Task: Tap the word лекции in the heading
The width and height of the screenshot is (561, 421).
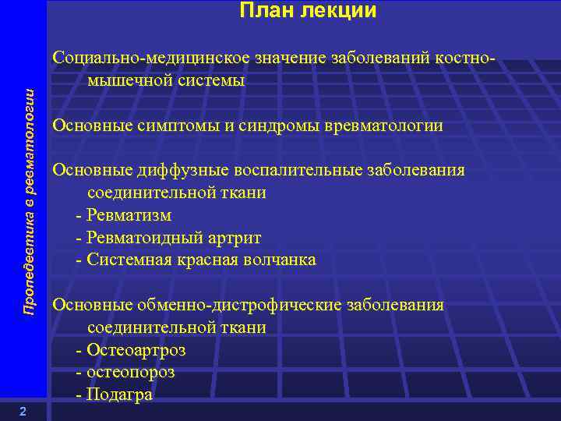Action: tap(340, 11)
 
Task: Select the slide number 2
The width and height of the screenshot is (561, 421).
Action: tap(23, 412)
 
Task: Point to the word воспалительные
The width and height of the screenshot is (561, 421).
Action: tap(284, 171)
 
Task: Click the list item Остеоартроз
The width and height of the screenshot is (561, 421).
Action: tap(136, 350)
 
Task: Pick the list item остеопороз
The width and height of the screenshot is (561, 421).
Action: tap(131, 372)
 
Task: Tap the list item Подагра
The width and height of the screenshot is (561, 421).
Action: tap(120, 395)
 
